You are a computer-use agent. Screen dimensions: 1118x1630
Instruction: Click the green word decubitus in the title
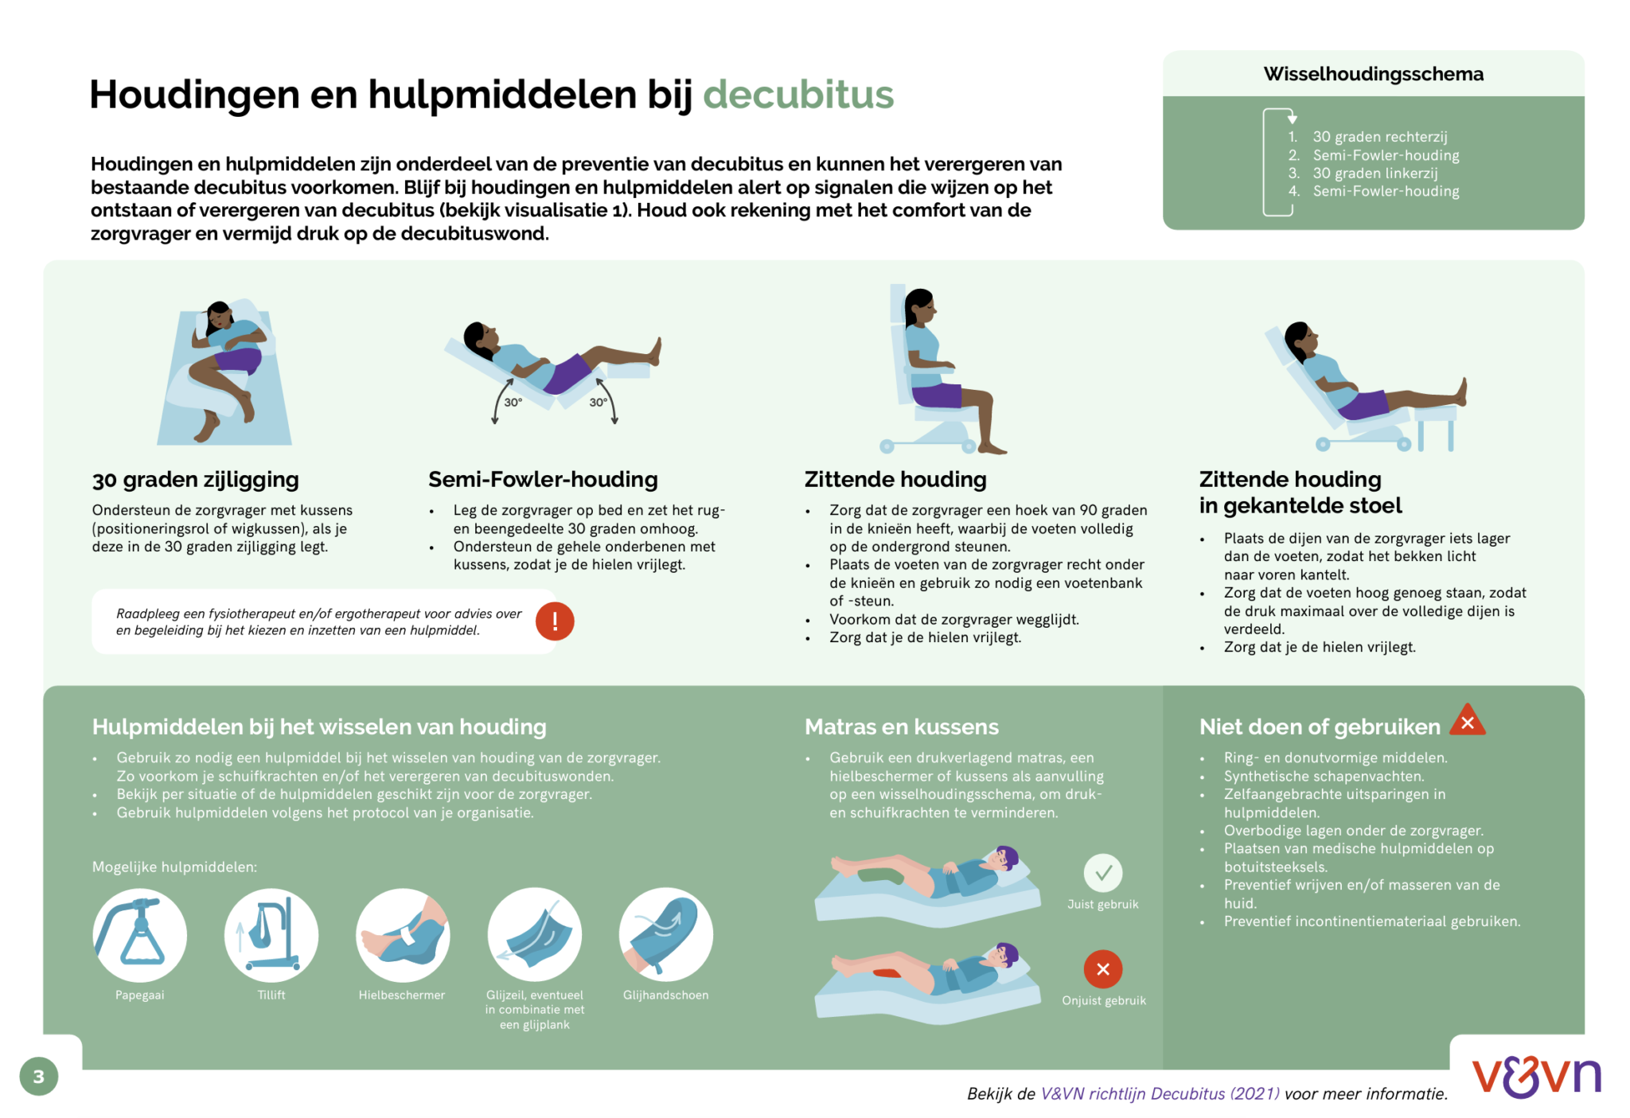point(797,95)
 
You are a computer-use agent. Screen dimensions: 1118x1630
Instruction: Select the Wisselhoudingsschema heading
point(1373,74)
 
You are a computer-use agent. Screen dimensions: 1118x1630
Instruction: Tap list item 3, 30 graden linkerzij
point(1375,173)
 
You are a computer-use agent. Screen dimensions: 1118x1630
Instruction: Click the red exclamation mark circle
point(555,621)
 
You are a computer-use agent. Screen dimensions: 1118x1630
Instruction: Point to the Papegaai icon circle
point(140,935)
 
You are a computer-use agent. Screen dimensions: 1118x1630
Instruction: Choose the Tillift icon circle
point(271,935)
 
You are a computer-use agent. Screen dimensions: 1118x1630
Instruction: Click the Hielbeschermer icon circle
point(403,935)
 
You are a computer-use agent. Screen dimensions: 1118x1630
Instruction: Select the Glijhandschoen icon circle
point(665,935)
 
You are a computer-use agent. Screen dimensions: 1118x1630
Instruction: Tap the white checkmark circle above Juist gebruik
point(1102,873)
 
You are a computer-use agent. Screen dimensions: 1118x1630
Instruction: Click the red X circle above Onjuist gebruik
point(1102,969)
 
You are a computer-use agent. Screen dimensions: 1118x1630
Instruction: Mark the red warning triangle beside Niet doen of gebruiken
point(1468,720)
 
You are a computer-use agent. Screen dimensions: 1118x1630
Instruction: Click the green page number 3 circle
point(38,1077)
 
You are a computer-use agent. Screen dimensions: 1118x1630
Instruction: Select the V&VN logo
point(1536,1077)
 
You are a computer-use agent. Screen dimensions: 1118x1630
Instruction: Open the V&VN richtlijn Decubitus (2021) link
point(1160,1093)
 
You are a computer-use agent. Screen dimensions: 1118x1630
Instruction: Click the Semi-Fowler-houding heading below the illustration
point(543,479)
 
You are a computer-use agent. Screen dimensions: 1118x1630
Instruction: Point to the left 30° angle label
point(513,403)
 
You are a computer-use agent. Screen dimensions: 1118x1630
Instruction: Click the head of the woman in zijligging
point(217,315)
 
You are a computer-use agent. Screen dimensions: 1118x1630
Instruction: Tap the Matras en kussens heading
point(901,727)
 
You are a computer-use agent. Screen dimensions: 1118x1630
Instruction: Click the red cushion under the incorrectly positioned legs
point(891,973)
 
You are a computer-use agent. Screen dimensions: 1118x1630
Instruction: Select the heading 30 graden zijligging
point(195,479)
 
